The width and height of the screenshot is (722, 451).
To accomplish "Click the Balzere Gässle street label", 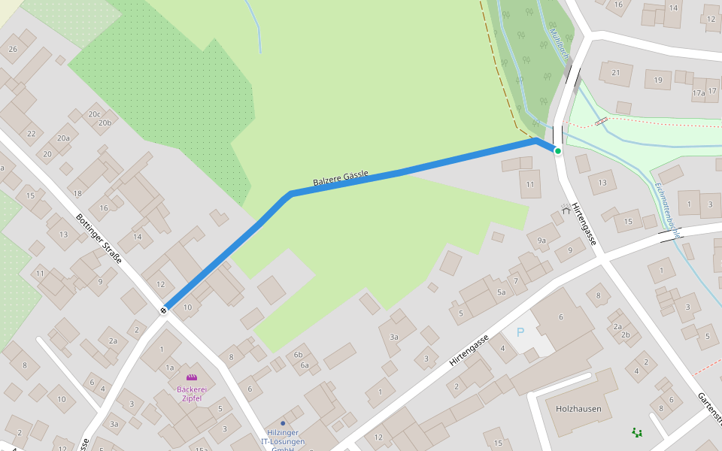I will click(341, 178).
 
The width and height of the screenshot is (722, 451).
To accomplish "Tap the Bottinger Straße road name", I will click(99, 238).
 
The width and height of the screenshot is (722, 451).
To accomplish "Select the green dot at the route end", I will click(557, 151).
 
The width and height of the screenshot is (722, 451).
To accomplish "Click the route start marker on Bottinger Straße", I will click(164, 310).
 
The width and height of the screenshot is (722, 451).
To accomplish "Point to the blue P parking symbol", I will click(520, 331).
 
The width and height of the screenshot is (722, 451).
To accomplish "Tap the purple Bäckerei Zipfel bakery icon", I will click(192, 377).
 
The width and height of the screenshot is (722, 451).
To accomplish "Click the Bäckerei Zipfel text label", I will click(192, 393).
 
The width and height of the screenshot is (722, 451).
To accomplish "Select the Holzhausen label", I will click(578, 408).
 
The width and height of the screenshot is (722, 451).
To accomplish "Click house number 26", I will click(12, 49).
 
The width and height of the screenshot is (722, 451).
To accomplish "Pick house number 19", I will click(658, 79).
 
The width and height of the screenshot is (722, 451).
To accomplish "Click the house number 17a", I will click(698, 93).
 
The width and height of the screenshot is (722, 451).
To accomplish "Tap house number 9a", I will click(541, 240).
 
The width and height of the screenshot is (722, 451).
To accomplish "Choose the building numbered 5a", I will click(502, 292).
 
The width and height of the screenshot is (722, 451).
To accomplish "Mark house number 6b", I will click(299, 355).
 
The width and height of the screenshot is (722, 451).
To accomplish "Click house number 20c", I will click(94, 114).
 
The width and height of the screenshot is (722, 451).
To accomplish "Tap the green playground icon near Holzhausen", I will click(637, 432).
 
